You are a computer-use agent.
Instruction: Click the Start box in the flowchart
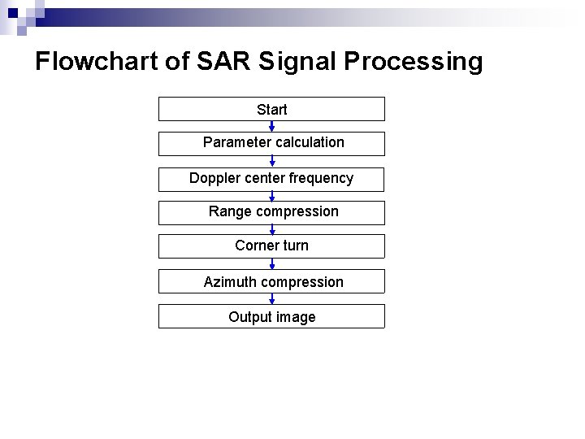(271, 109)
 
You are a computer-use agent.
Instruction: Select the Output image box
(271, 317)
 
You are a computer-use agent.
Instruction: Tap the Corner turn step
(271, 246)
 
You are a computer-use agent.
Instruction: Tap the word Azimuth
(229, 282)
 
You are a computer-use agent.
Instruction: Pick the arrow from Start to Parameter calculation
(272, 126)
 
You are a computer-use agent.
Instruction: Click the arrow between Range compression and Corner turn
(272, 230)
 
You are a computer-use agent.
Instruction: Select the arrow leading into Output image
(272, 299)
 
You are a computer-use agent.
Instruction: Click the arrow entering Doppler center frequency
(272, 161)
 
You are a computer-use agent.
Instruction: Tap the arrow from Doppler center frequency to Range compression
(272, 196)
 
